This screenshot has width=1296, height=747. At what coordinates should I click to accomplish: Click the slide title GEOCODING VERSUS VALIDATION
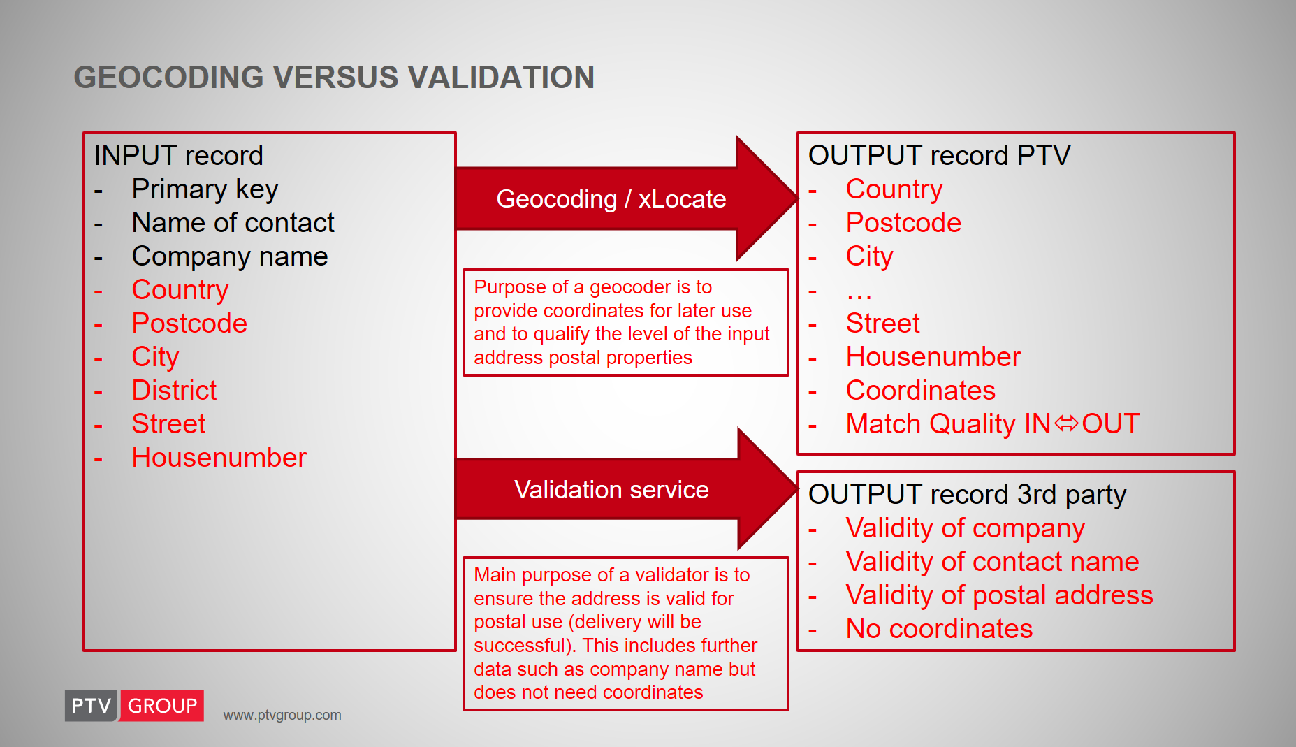(x=334, y=78)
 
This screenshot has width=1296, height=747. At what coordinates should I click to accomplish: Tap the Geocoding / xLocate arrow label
(x=611, y=199)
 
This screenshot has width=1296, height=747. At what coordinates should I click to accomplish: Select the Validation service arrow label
(x=611, y=490)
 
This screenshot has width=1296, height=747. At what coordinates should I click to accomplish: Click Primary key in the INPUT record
(x=205, y=190)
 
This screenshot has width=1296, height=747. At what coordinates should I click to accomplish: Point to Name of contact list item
(x=233, y=223)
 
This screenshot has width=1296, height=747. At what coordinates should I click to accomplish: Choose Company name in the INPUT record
(x=230, y=257)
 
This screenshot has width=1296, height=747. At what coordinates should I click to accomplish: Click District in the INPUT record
(x=174, y=391)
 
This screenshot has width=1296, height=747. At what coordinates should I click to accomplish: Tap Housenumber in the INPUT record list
(x=219, y=458)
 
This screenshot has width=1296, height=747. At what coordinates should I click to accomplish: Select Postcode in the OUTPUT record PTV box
(x=903, y=223)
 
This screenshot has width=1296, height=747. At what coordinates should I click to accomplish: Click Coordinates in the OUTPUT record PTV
(x=921, y=391)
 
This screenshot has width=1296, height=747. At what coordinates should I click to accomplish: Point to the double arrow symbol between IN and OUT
(x=1066, y=423)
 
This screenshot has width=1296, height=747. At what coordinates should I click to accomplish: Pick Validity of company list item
(x=966, y=529)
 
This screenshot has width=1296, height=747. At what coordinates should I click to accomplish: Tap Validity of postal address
(x=999, y=596)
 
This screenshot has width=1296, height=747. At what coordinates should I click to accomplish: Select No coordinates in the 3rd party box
(x=939, y=629)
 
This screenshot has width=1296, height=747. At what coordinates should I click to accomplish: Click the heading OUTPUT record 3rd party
(x=967, y=495)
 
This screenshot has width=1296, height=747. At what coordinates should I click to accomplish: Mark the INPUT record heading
(x=179, y=156)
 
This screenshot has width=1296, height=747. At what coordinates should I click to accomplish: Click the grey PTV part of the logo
(x=92, y=706)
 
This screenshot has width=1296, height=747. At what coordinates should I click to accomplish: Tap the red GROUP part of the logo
(x=162, y=706)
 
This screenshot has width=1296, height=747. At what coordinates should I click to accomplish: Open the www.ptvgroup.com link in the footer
(x=282, y=716)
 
